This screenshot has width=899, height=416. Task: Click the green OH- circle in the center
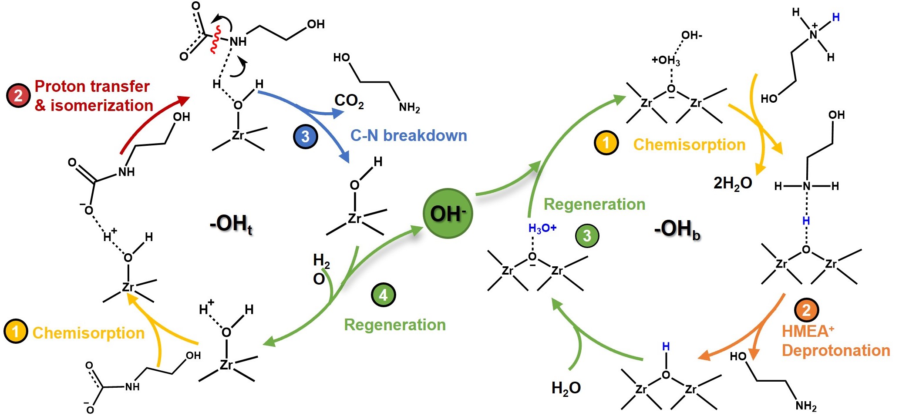(x=448, y=213)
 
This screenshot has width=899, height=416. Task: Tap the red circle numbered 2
(x=18, y=95)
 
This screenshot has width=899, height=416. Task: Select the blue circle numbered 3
(x=305, y=137)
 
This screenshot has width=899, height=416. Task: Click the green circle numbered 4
(x=383, y=295)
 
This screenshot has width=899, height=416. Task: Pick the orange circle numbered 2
(x=806, y=310)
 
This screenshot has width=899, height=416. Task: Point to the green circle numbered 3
(x=587, y=235)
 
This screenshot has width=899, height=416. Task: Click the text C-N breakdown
(x=408, y=136)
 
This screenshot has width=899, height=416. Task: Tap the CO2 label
(x=349, y=101)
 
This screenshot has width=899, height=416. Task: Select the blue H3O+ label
(x=542, y=228)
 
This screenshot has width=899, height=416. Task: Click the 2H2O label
(x=733, y=183)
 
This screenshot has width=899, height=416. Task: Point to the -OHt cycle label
(x=231, y=224)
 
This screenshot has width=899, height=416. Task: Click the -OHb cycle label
(x=677, y=229)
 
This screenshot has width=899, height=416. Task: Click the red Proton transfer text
(x=92, y=86)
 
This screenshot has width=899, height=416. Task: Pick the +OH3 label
(x=666, y=60)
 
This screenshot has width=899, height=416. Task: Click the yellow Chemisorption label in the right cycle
(x=689, y=144)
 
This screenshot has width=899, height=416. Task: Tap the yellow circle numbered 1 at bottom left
(x=16, y=332)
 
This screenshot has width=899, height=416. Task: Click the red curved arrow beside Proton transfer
(x=152, y=122)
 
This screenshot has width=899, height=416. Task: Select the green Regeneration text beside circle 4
(x=395, y=325)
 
